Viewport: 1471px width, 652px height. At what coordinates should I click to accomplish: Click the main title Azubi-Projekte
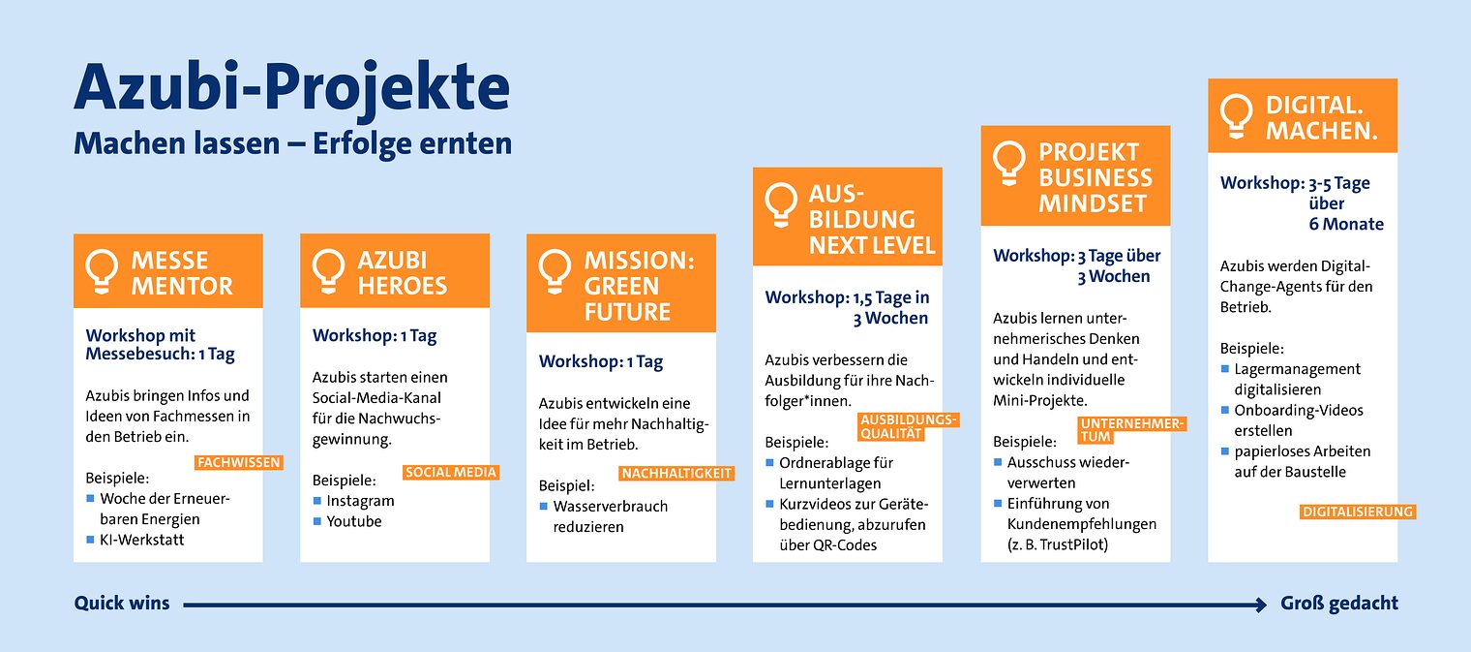291,88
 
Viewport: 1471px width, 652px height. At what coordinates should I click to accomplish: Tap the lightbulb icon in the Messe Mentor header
102,271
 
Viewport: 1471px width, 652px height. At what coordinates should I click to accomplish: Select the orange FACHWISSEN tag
238,463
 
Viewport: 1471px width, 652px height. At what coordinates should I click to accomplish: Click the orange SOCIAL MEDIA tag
451,473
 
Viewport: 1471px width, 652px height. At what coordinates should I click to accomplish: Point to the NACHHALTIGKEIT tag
676,474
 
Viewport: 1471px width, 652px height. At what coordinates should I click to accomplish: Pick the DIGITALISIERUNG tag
1358,512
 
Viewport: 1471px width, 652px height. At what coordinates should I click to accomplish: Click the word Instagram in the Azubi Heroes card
360,501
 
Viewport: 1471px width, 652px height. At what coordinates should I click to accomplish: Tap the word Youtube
354,521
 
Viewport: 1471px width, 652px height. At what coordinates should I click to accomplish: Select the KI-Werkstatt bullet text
141,540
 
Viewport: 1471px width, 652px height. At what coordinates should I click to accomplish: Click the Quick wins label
122,604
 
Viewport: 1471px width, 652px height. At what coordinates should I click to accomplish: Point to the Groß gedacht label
1339,604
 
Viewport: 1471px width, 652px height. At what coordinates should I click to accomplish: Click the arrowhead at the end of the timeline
1260,605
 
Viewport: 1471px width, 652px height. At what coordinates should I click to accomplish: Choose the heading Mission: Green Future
639,286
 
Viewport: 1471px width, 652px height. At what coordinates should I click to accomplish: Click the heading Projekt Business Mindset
1096,178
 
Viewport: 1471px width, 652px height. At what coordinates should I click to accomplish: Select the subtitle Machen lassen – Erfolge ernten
292,144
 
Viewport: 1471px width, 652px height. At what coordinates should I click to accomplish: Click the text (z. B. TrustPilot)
1058,544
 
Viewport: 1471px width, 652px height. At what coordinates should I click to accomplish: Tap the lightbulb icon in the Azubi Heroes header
328,271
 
